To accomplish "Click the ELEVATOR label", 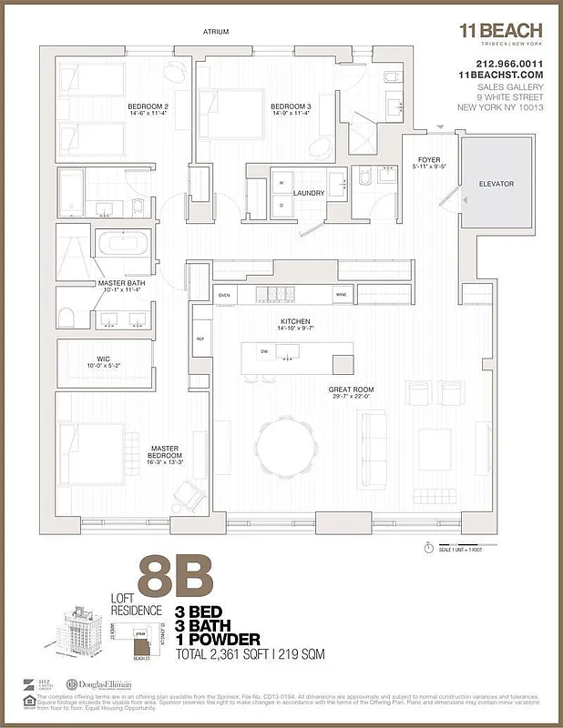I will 496,184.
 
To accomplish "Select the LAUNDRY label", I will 309,192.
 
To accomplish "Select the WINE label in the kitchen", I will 341,295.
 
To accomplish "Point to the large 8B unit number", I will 175,578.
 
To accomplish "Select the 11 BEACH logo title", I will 500,30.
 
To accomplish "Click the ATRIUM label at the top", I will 217,32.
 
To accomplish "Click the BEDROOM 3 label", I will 291,106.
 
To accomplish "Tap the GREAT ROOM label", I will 351,389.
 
